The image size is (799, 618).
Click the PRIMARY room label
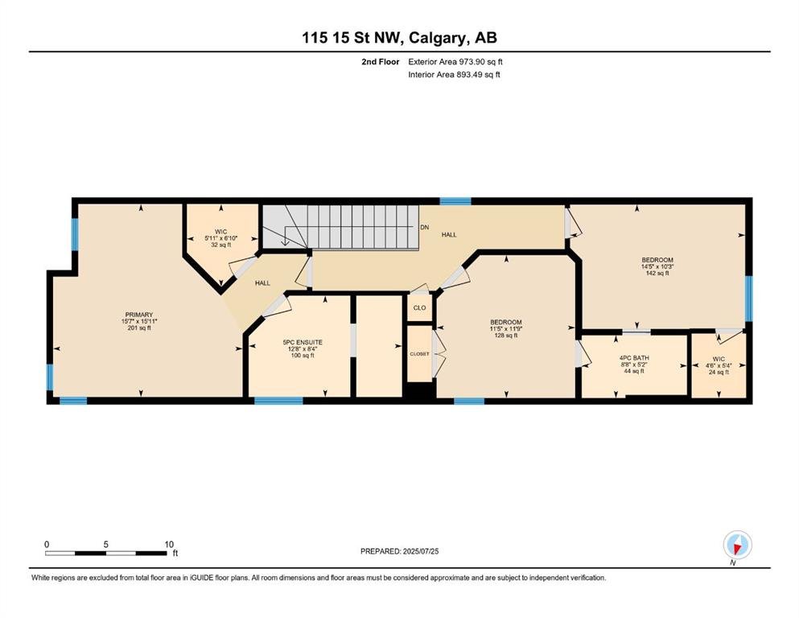click(x=139, y=315)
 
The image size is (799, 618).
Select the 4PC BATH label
click(x=634, y=358)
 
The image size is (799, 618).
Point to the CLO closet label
click(x=419, y=307)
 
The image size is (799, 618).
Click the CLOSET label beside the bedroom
click(x=419, y=353)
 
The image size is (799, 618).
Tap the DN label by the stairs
click(x=425, y=227)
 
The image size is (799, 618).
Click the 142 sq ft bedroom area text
click(x=657, y=273)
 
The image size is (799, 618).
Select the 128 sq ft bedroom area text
click(x=506, y=336)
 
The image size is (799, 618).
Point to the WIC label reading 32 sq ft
click(x=220, y=232)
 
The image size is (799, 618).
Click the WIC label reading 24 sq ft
click(x=719, y=359)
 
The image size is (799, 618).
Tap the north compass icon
click(x=737, y=546)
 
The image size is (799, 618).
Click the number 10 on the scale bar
click(x=169, y=544)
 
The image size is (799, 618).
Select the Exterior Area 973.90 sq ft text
click(x=455, y=62)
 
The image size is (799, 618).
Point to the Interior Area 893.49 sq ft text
click(x=454, y=74)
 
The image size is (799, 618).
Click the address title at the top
click(x=399, y=38)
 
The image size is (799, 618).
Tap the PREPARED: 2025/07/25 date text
click(x=399, y=551)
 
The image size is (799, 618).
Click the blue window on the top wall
click(x=455, y=200)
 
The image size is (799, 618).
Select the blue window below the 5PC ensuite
click(x=278, y=401)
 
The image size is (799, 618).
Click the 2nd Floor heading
click(x=380, y=62)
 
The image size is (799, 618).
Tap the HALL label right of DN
click(x=449, y=235)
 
